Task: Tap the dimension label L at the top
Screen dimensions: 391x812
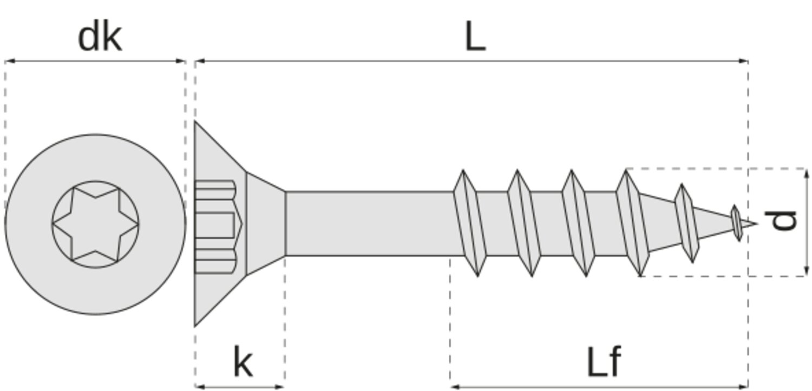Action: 475,38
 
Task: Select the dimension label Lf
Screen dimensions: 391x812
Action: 604,362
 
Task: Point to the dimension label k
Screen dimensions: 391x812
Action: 243,362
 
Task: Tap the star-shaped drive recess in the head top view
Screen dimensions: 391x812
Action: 95,224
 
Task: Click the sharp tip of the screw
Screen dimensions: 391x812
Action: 755,223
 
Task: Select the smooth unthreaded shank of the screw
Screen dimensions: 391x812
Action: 368,223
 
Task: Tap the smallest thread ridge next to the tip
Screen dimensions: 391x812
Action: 736,223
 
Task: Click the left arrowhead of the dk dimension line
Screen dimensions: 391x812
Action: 8,61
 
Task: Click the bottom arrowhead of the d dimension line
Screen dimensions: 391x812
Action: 807,273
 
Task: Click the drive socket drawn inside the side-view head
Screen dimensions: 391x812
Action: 215,223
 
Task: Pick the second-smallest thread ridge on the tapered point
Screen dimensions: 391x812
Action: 686,223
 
